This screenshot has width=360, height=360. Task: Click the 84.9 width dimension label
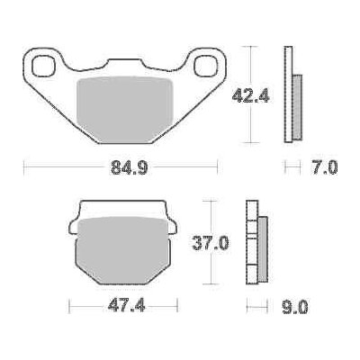tap(129, 167)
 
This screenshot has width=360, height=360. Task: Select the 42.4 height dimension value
tap(251, 95)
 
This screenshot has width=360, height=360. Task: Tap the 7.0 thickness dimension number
tap(325, 167)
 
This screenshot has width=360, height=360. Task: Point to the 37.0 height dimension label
tap(211, 243)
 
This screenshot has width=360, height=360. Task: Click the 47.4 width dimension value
tap(127, 306)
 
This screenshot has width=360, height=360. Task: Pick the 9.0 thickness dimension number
tap(295, 307)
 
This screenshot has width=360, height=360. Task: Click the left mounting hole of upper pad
tap(44, 66)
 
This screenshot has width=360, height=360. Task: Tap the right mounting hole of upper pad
tap(206, 67)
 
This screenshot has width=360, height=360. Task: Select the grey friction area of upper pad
tap(125, 110)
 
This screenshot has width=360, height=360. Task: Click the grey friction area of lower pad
tap(122, 250)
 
